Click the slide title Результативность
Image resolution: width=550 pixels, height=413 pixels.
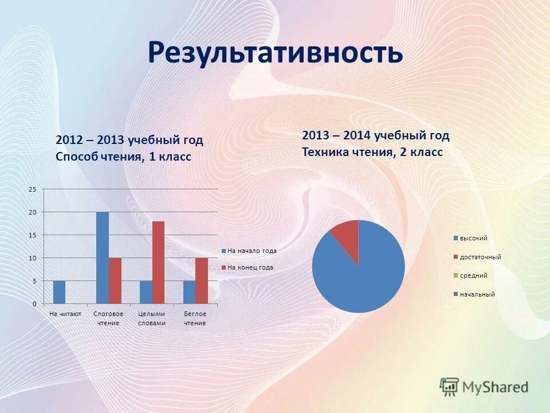coord(275,53)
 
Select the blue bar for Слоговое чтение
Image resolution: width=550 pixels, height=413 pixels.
coord(102,258)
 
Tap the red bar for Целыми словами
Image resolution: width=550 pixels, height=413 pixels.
coord(158,262)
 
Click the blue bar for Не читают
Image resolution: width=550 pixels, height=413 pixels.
coord(59,292)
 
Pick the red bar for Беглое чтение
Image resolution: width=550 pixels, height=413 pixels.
coord(202,280)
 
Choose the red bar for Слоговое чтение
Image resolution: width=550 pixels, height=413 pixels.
coord(115,280)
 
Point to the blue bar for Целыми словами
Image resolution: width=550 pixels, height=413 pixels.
coord(146,292)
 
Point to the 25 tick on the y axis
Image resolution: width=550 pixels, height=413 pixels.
coord(33,189)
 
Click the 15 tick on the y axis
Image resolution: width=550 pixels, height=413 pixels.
coord(33,235)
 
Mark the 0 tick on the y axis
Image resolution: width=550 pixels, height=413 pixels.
coord(34,303)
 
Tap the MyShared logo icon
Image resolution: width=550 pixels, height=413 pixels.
coord(450,387)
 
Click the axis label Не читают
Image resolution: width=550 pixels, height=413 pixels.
coord(65,314)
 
